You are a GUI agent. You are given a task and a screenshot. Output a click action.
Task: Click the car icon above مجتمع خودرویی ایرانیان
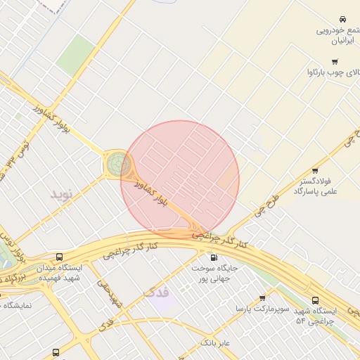tap(342, 18)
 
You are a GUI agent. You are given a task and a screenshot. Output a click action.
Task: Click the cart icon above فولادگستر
tap(314, 170)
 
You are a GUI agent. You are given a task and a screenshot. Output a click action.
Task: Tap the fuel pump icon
tap(204, 257)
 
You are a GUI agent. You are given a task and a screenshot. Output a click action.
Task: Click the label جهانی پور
tap(212, 277)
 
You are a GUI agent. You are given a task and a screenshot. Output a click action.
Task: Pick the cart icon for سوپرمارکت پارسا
tap(263, 298)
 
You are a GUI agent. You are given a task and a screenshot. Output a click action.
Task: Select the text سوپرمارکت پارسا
tap(251, 309)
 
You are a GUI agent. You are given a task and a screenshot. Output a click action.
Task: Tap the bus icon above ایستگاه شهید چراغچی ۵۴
tap(315, 300)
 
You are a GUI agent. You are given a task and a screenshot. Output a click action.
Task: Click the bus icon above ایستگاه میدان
tap(58, 257)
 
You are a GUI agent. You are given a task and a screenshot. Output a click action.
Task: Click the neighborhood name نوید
tap(61, 192)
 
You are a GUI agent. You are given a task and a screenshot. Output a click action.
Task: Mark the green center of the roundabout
tap(117, 165)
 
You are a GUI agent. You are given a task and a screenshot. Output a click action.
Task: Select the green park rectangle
tap(76, 56)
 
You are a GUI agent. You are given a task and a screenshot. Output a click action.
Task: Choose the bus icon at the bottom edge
tap(56, 353)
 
